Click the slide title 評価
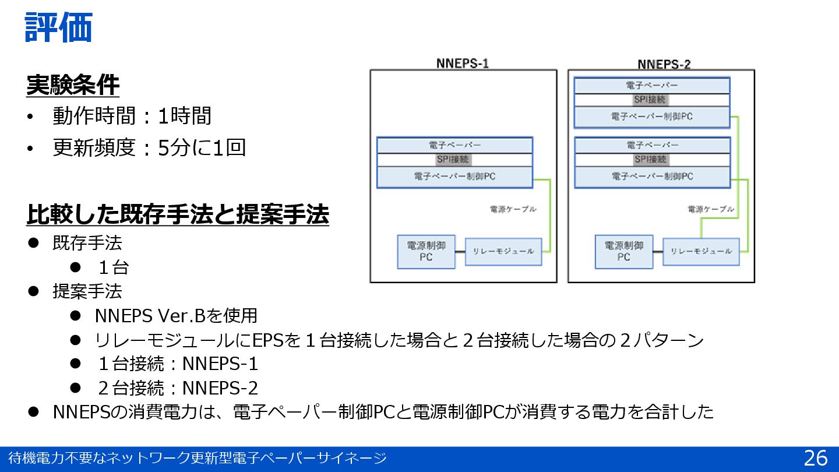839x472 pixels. pyautogui.click(x=58, y=27)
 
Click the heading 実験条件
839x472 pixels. pyautogui.click(x=73, y=86)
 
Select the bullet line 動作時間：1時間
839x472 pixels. pyautogui.click(x=132, y=116)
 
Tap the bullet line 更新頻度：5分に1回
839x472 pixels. pyautogui.click(x=149, y=147)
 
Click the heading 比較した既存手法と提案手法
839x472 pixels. pyautogui.click(x=178, y=214)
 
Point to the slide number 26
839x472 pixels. pyautogui.click(x=815, y=458)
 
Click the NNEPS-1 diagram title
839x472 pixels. pyautogui.click(x=463, y=64)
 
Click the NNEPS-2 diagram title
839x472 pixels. pyautogui.click(x=664, y=64)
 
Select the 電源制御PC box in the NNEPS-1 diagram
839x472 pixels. pyautogui.click(x=426, y=252)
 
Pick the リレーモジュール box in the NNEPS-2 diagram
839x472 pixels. pyautogui.click(x=701, y=251)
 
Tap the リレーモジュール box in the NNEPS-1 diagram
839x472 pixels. pyautogui.click(x=503, y=251)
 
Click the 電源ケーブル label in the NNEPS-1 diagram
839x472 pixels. pyautogui.click(x=513, y=209)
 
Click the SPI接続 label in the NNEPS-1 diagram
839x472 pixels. pyautogui.click(x=454, y=159)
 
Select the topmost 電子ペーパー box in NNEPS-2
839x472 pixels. pyautogui.click(x=652, y=86)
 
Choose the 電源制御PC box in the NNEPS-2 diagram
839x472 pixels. pyautogui.click(x=624, y=252)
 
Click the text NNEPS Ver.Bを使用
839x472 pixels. pyautogui.click(x=176, y=316)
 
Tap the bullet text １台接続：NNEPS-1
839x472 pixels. pyautogui.click(x=178, y=364)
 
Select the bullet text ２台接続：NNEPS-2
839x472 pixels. pyautogui.click(x=178, y=388)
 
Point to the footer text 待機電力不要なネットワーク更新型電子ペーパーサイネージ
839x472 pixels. pyautogui.click(x=197, y=459)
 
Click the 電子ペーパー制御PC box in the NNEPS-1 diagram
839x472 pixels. pyautogui.click(x=454, y=177)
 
